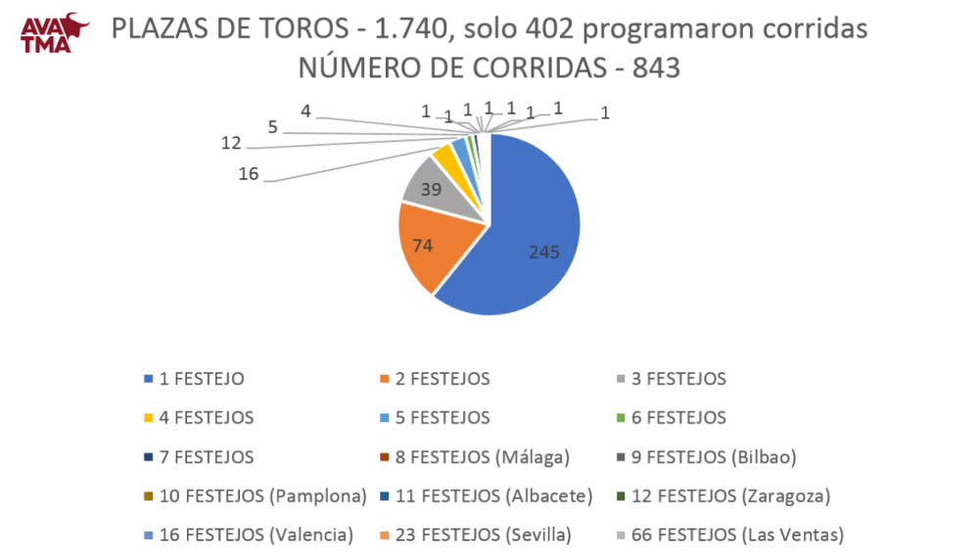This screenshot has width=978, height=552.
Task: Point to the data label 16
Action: click(x=249, y=173)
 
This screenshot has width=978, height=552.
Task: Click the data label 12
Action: click(x=231, y=143)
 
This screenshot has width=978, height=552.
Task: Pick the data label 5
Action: click(x=273, y=125)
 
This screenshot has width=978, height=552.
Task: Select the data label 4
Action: click(x=306, y=111)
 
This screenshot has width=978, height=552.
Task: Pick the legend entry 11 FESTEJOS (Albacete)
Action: click(x=493, y=495)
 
